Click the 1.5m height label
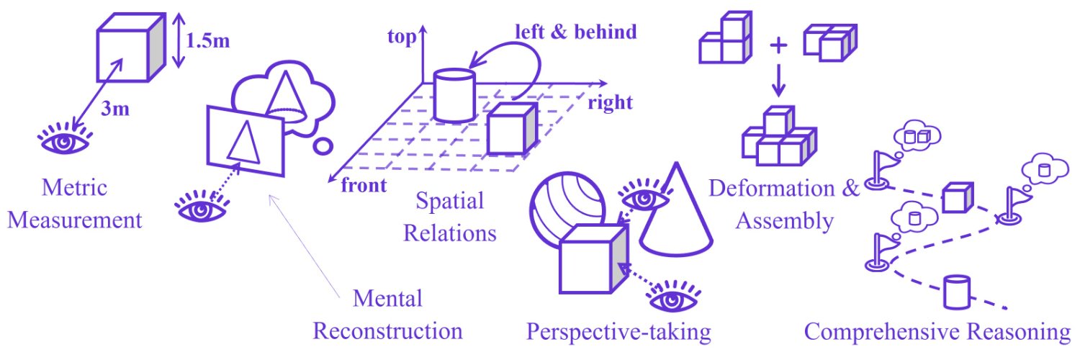coord(207,41)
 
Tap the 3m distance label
coord(115,109)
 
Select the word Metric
coord(74,187)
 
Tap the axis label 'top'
coord(402,37)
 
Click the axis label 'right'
coord(610,103)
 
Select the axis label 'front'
coord(364,186)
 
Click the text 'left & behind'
coord(576,32)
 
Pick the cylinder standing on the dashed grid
coord(454,96)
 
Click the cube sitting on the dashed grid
coord(511,128)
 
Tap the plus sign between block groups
coord(778,45)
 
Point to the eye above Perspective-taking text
coord(672,297)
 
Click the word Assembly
coord(785,222)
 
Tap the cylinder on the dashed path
coord(956,292)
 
